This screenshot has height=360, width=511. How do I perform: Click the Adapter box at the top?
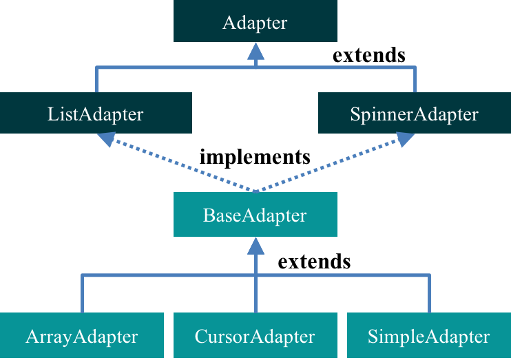point(255,22)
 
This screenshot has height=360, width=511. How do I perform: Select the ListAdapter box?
point(96,113)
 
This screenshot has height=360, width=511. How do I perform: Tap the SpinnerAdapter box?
point(414,113)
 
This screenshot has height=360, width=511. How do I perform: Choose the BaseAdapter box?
point(255,215)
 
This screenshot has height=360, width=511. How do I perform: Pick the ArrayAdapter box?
point(82,337)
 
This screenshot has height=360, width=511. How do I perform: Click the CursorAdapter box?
point(255,337)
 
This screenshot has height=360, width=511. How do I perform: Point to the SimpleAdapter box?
point(428,337)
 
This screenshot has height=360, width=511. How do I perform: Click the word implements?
point(255,157)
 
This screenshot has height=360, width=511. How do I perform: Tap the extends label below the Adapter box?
point(369,55)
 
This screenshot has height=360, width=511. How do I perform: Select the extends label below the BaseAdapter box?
point(314,262)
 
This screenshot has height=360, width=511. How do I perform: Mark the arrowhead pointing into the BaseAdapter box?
point(255,246)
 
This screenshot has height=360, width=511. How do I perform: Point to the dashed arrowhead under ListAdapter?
point(107,139)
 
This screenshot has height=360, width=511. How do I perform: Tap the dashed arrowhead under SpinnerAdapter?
point(405,139)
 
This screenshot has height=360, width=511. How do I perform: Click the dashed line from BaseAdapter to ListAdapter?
point(179,165)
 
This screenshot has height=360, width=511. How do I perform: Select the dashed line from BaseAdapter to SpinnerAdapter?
point(331,165)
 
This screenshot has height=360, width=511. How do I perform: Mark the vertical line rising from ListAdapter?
point(96,80)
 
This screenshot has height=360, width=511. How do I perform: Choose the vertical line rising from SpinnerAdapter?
point(415,80)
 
